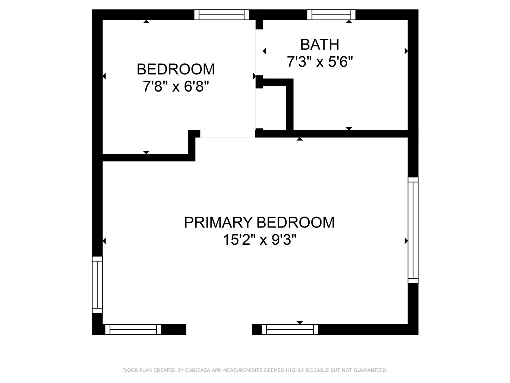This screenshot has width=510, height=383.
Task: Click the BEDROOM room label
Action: coord(176,69)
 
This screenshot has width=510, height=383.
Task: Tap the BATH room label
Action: coord(319,45)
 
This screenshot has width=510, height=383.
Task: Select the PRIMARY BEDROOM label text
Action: coord(259,222)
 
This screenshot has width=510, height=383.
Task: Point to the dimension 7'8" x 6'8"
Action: coord(176,87)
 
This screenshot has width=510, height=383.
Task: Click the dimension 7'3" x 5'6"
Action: coord(319,62)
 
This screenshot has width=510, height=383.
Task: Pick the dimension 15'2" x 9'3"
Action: coord(259,240)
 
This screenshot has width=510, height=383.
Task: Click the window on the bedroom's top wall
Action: coord(221,15)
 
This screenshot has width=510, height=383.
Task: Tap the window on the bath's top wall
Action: coord(331,15)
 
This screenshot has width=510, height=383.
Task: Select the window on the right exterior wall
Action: coord(413,230)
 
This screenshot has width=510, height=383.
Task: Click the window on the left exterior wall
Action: coord(97,284)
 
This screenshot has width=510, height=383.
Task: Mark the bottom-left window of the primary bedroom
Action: coord(133,329)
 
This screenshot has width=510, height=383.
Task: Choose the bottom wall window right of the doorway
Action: coord(290,329)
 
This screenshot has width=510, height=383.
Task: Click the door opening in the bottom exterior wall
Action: coord(219,329)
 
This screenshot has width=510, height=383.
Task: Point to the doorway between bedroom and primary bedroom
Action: coord(228,134)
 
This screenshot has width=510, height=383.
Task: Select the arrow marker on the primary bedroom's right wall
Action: coord(406,241)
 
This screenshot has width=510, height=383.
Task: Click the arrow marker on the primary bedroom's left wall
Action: coord(104,241)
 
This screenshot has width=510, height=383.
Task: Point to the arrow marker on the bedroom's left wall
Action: coord(104,76)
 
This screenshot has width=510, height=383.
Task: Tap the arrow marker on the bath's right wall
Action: coord(406,51)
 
